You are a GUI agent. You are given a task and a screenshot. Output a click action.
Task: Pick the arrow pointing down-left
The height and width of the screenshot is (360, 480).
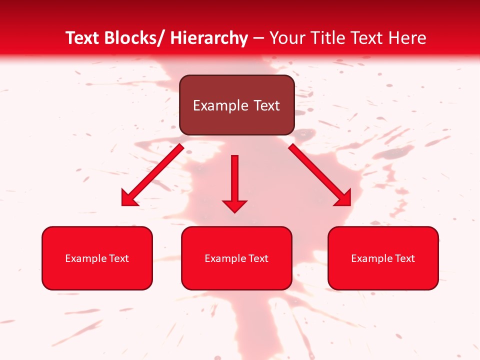(153, 175)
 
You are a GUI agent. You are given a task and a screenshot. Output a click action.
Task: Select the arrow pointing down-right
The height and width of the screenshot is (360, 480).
(320, 175)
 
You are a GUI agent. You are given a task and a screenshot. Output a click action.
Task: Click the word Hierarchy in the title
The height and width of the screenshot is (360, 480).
(208, 38)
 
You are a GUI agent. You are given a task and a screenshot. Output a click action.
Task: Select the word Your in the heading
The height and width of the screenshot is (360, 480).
(287, 38)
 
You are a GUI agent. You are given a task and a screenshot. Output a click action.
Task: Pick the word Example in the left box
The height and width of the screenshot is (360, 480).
(83, 258)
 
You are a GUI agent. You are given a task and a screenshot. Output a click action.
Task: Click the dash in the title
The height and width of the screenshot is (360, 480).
(258, 38)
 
